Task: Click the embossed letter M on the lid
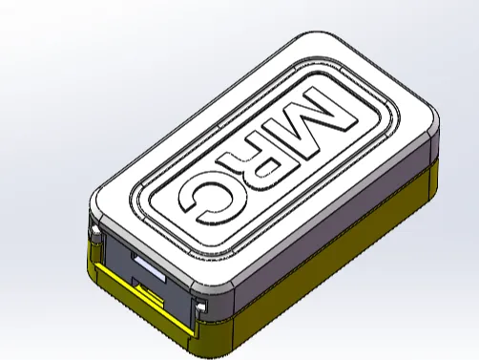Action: click(318, 122)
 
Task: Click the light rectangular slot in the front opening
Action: click(150, 268)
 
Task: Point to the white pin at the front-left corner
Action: click(95, 230)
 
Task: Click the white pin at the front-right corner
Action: click(201, 307)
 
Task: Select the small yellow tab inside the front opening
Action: click(150, 290)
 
